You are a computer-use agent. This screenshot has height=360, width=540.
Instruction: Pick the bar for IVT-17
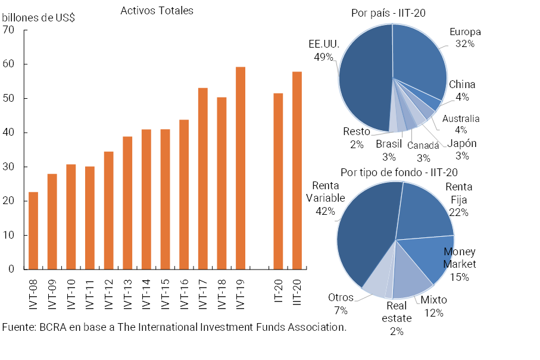pyautogui.click(x=203, y=179)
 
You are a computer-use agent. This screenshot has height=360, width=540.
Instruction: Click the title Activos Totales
pyautogui.click(x=157, y=11)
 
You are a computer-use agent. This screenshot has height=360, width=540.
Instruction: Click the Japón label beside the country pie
pyautogui.click(x=461, y=143)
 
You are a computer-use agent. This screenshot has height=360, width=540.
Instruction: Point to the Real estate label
pyautogui.click(x=397, y=312)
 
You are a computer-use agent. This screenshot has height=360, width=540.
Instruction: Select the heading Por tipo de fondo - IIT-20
pyautogui.click(x=399, y=173)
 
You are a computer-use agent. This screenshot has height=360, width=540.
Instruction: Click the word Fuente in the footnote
pyautogui.click(x=18, y=327)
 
